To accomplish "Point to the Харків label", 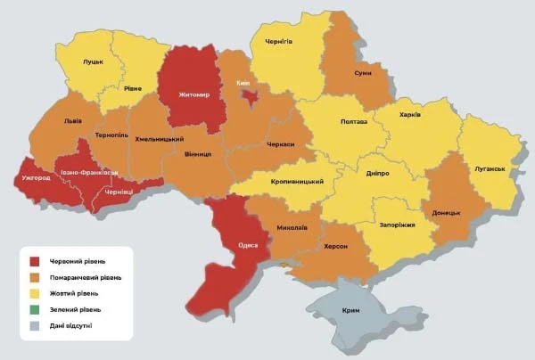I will pos(411,115).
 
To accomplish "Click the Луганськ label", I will pos(490,168).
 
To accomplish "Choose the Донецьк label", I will pos(445,213).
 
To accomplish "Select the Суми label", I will pos(363,73).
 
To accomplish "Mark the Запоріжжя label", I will pos(397,225).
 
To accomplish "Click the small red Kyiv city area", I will pos(252,94).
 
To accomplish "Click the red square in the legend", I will pos(35,261).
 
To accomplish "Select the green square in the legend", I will pos(35,309).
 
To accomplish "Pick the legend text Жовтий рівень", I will pos(75,293).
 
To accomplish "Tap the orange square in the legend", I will pos(35,277).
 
